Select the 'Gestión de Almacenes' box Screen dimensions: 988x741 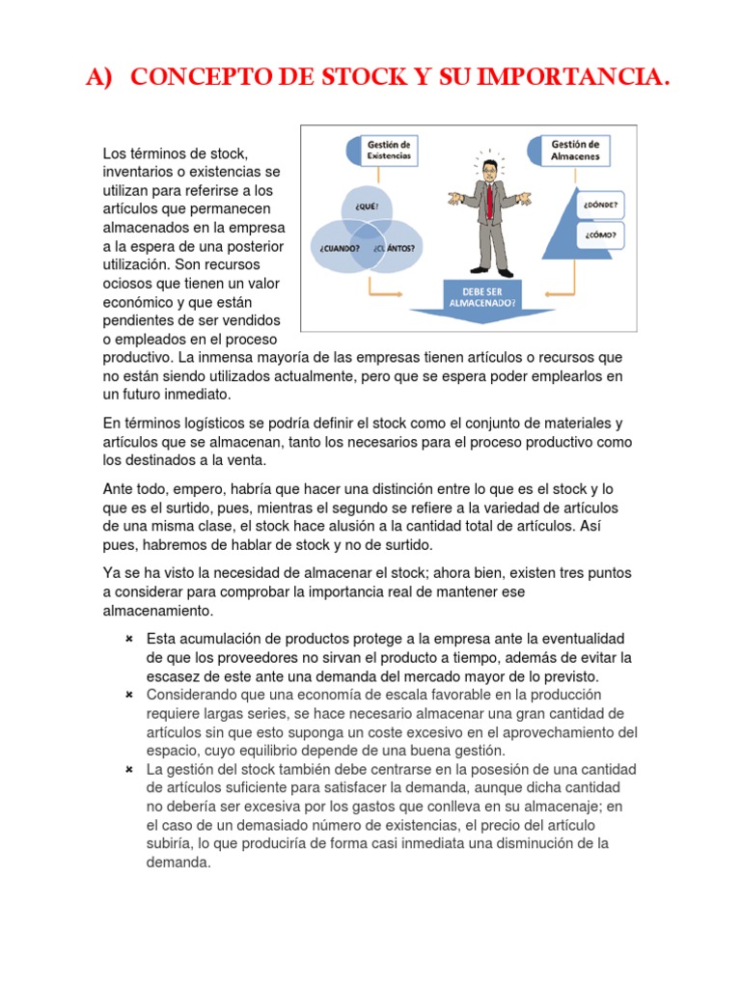coord(574,150)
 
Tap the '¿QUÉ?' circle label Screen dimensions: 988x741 coord(368,206)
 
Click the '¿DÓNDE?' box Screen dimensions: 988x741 coord(600,206)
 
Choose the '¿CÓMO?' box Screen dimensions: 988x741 coord(600,235)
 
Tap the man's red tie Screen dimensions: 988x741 coord(490,202)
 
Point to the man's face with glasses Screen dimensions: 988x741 coord(490,173)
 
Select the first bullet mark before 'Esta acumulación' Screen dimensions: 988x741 coord(128,640)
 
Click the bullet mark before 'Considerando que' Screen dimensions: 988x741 coord(128,695)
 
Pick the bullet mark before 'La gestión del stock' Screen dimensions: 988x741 coord(128,769)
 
